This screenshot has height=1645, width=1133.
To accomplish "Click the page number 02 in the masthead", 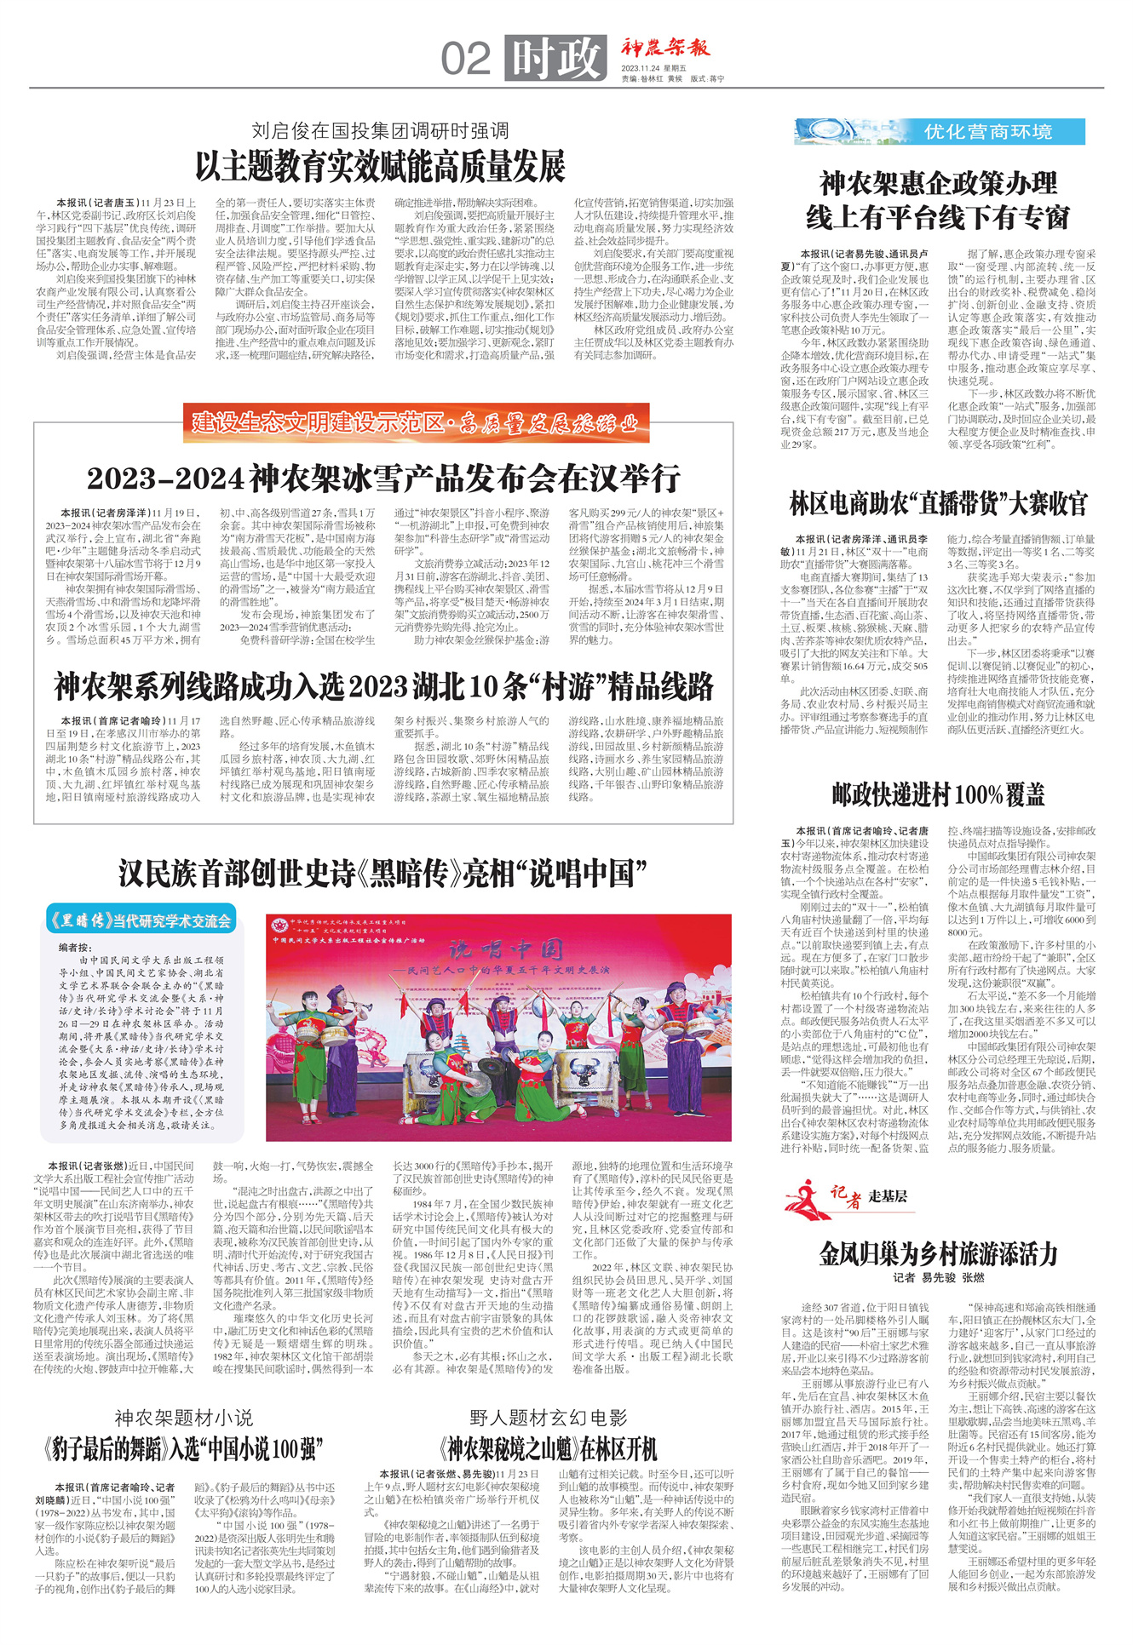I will [x=466, y=60].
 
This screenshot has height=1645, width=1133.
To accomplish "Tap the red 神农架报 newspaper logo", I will [x=664, y=48].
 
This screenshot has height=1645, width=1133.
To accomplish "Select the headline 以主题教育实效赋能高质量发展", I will [x=380, y=167].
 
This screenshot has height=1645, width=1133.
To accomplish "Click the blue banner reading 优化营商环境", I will [x=940, y=132].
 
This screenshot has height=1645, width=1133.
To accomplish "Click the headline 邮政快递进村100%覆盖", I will [x=938, y=794].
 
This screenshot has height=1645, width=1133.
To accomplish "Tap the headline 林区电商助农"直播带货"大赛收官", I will [x=938, y=504].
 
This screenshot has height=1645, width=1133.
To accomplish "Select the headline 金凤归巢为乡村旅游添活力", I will [x=938, y=1253].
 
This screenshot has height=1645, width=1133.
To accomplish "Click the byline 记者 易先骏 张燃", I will [x=938, y=1278].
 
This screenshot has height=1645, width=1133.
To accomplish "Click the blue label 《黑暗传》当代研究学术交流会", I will [x=141, y=920].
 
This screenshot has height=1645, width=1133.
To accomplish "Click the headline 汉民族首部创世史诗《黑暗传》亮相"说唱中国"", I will [x=382, y=874].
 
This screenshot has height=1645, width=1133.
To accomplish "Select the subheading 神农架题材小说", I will [x=184, y=1418].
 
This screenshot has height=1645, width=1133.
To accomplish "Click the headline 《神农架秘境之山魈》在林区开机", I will [x=549, y=1448].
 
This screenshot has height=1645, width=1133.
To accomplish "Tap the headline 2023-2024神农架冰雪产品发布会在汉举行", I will [x=383, y=479].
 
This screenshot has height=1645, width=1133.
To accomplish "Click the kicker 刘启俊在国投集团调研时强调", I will [x=380, y=130].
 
